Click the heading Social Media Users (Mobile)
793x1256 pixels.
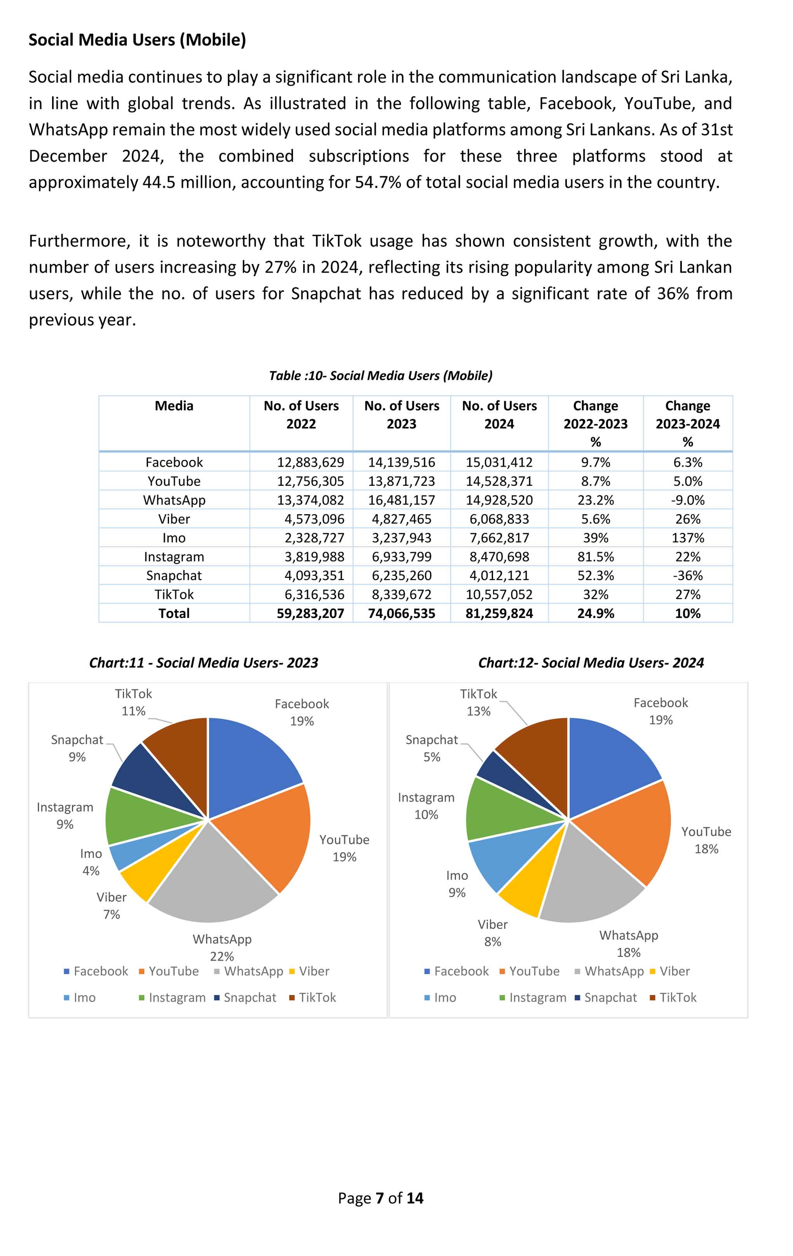tap(137, 40)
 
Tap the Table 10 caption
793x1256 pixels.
tap(380, 376)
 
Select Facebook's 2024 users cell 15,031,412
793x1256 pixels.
tap(499, 462)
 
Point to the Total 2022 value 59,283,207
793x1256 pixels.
tap(310, 613)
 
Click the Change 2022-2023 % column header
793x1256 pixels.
tap(595, 424)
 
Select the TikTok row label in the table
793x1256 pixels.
tap(174, 595)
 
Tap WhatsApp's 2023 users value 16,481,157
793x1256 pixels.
tap(401, 500)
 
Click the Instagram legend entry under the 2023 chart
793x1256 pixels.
tap(177, 998)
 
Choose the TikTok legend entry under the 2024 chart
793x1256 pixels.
tap(678, 998)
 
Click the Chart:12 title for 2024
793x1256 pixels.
tap(591, 663)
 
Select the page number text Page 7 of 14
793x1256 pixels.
tap(380, 1198)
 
